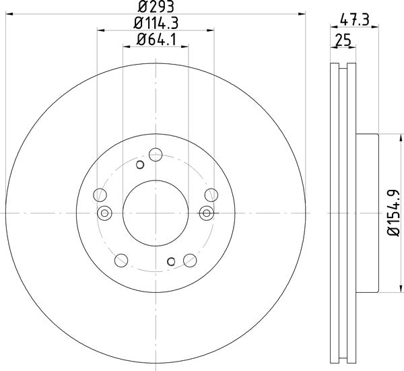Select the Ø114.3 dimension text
coord(156,25)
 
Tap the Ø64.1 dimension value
coord(156,40)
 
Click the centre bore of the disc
coord(156,213)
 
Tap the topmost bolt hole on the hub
coord(156,152)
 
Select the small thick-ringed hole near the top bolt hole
coord(140,164)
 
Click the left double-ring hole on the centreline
coord(104,213)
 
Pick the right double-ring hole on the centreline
coord(207,213)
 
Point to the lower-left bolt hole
coord(121,259)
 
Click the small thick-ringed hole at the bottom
coord(172,261)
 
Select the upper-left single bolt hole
coord(100,195)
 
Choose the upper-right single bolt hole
coord(211,195)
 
